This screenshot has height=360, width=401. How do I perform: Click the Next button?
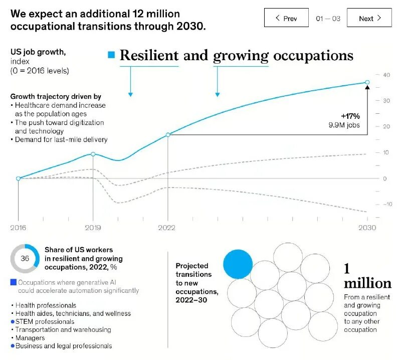[369, 18]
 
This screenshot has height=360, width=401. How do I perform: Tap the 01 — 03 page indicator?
[328, 19]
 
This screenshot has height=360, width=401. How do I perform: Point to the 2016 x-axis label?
[18, 228]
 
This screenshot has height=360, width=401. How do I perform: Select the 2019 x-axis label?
[93, 228]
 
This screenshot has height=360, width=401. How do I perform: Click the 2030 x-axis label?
[367, 228]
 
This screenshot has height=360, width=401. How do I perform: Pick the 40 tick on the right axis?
[386, 75]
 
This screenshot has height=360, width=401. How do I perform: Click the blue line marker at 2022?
[168, 134]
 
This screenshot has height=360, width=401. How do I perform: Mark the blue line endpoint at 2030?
[367, 82]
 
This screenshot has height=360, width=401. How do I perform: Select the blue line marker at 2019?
[93, 154]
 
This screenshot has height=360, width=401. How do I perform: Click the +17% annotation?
[350, 116]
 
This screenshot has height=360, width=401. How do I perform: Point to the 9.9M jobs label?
[344, 125]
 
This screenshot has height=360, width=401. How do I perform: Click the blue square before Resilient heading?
[111, 55]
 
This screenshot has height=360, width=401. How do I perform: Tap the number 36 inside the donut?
[25, 259]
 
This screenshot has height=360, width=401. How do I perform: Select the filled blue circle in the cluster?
[238, 264]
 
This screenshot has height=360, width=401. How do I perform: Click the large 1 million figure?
[367, 277]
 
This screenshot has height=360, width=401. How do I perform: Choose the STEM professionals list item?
[45, 321]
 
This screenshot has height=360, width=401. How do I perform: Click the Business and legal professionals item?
[64, 345]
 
